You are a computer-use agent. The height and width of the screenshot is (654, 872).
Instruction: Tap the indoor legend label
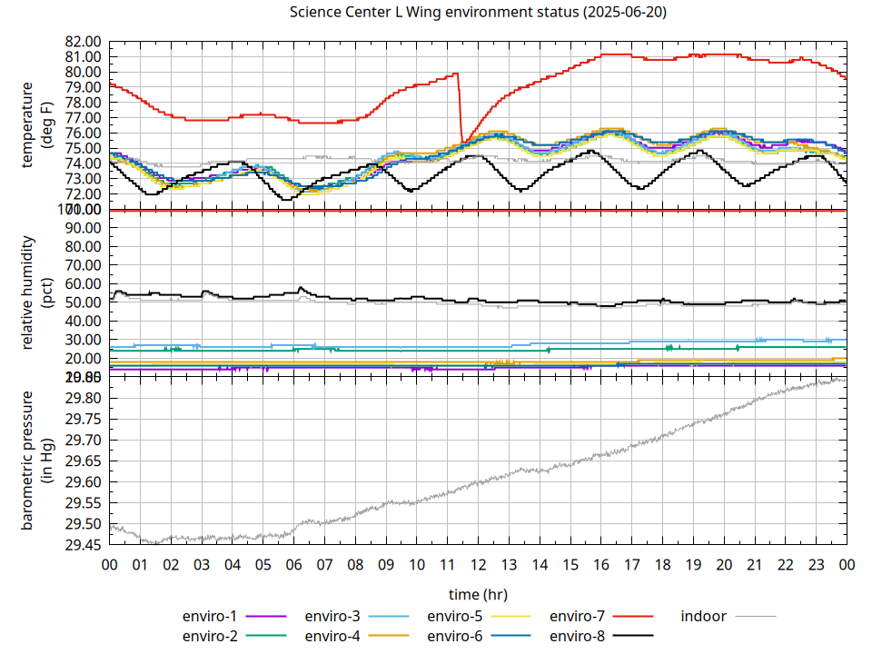[x=704, y=617]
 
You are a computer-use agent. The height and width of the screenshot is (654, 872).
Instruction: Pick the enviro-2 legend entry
[x=210, y=636]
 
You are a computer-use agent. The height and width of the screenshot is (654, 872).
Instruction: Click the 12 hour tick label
[x=478, y=564]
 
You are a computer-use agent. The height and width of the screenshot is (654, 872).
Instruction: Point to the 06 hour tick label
[x=293, y=564]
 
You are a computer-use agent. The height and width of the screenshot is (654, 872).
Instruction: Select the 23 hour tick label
[x=816, y=564]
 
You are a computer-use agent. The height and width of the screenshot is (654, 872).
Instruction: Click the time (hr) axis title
[x=478, y=595]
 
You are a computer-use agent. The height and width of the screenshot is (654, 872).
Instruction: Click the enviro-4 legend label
[x=332, y=636]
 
